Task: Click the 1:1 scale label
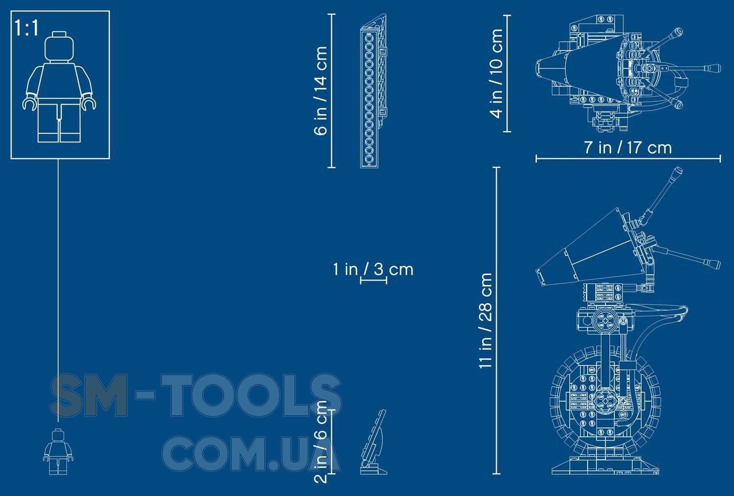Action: coord(27,28)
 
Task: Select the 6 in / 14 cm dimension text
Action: coord(321,91)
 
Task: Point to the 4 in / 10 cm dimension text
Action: coord(496,73)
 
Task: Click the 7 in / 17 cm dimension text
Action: coord(628,148)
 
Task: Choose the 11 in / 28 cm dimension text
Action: coord(485,321)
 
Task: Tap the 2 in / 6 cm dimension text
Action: coord(321,442)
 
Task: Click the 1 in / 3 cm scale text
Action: coord(373,270)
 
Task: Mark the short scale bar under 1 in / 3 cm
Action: coord(373,280)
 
